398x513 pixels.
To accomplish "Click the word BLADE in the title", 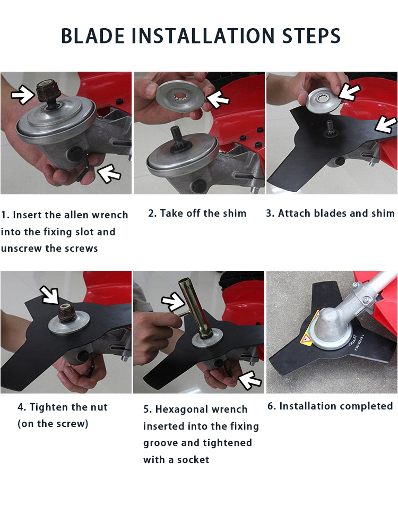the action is pyautogui.click(x=93, y=36).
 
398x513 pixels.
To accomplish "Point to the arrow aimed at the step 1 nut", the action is pyautogui.click(x=23, y=94).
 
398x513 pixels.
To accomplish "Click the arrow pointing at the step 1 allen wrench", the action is pyautogui.click(x=109, y=174).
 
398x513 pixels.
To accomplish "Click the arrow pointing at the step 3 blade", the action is pyautogui.click(x=386, y=124).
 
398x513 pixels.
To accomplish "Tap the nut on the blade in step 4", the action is pyautogui.click(x=67, y=312).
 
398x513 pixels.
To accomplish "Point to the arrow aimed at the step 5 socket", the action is pyautogui.click(x=174, y=302).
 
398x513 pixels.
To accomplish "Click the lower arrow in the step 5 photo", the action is pyautogui.click(x=249, y=380).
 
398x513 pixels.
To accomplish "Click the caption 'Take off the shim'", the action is pyautogui.click(x=197, y=213).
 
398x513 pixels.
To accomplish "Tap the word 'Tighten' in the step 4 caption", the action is pyautogui.click(x=49, y=407).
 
